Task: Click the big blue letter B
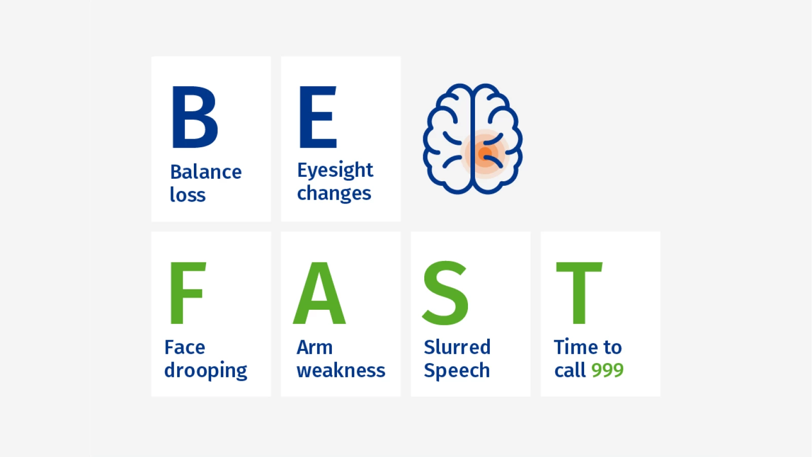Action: pyautogui.click(x=194, y=117)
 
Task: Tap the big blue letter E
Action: pyautogui.click(x=318, y=117)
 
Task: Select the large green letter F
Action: pyautogui.click(x=188, y=292)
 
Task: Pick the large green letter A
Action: pyautogui.click(x=319, y=292)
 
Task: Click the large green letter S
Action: pyautogui.click(x=446, y=292)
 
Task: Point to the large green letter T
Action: pyautogui.click(x=579, y=292)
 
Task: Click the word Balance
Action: pyautogui.click(x=206, y=172)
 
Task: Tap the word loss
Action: pyautogui.click(x=188, y=194)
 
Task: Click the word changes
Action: pyautogui.click(x=334, y=193)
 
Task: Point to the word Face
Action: pyautogui.click(x=185, y=347)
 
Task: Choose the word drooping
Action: pyautogui.click(x=206, y=370)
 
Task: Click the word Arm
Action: pyautogui.click(x=315, y=347)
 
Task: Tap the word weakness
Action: pyautogui.click(x=341, y=370)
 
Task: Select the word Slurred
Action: pyautogui.click(x=457, y=347)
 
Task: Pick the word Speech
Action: pyautogui.click(x=457, y=370)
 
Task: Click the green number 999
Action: pyautogui.click(x=607, y=370)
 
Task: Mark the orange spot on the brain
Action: pyautogui.click(x=485, y=153)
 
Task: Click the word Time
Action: pyautogui.click(x=574, y=347)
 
